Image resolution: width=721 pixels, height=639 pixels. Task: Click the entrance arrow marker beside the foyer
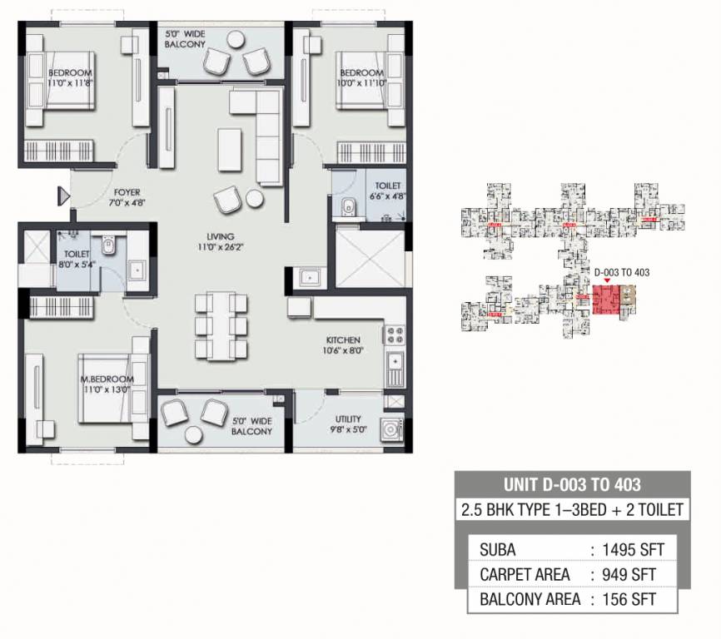[x=62, y=196]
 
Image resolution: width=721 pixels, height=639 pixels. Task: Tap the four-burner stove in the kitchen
[x=394, y=336]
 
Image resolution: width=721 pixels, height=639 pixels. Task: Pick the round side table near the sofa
[x=254, y=198]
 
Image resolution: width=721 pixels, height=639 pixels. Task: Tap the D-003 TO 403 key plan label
[x=621, y=272]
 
